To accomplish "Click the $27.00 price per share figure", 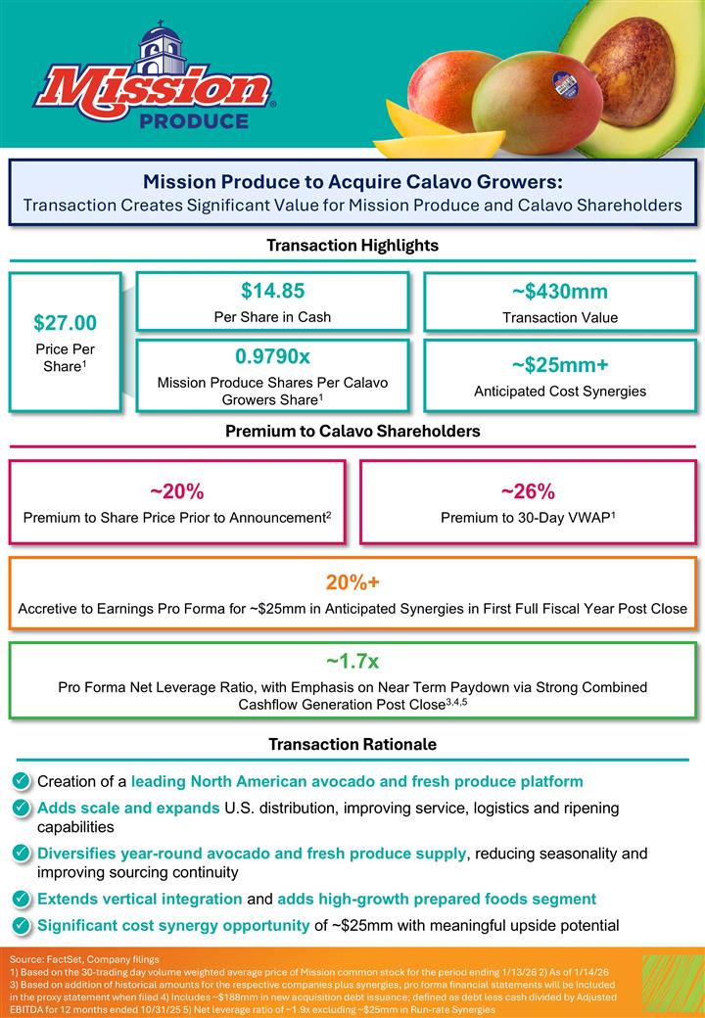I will [64, 323].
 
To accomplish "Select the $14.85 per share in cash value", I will [272, 291].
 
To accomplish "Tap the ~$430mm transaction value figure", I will [559, 292].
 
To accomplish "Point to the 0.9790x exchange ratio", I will [272, 355].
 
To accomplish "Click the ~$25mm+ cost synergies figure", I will [559, 365].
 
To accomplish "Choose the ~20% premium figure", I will [177, 490].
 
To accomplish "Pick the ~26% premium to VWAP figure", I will [528, 490].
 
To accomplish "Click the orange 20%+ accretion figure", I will [352, 582].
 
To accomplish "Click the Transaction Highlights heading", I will [352, 245].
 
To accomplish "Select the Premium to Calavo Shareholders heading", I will [352, 431].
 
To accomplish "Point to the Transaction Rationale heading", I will [352, 745].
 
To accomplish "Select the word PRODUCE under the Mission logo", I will [194, 121].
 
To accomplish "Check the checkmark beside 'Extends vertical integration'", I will [21, 899].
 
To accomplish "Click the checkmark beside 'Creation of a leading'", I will [21, 781].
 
